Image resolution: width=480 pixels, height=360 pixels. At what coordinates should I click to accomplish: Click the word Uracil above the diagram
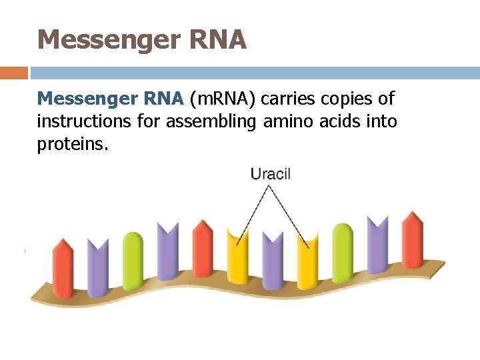point(270,175)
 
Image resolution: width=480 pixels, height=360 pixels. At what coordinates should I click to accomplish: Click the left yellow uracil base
point(237,257)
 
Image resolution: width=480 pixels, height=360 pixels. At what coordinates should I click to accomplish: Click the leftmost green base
point(133,261)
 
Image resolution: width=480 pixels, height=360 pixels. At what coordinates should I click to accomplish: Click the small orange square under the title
point(14,73)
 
